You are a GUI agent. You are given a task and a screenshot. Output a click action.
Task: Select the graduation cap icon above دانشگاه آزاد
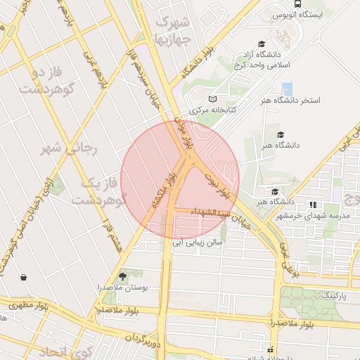point(262,44)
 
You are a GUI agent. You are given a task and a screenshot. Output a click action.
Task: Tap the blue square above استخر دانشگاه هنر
point(286,89)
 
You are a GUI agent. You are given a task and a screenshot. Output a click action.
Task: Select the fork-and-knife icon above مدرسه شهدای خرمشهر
point(312,205)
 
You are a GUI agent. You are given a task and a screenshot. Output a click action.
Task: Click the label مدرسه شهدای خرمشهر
point(311,216)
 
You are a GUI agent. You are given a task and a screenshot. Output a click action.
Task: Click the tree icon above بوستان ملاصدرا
point(123,276)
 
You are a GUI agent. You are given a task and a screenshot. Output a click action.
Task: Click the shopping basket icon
point(25,277)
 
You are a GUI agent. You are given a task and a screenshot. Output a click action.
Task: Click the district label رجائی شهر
point(72,148)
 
